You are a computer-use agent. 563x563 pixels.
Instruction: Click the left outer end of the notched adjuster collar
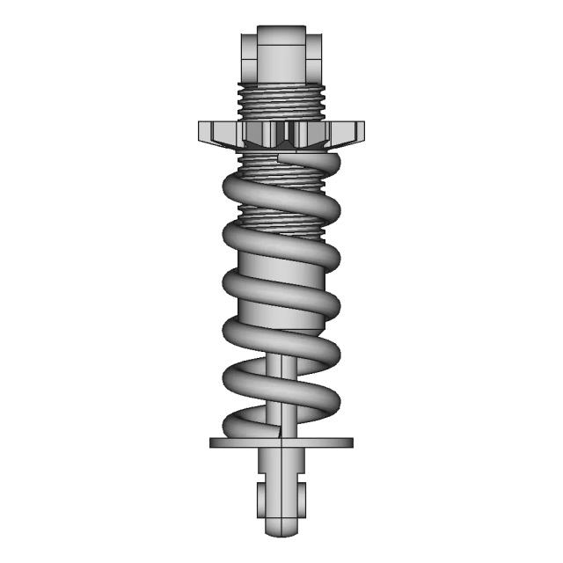pos(205,133)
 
